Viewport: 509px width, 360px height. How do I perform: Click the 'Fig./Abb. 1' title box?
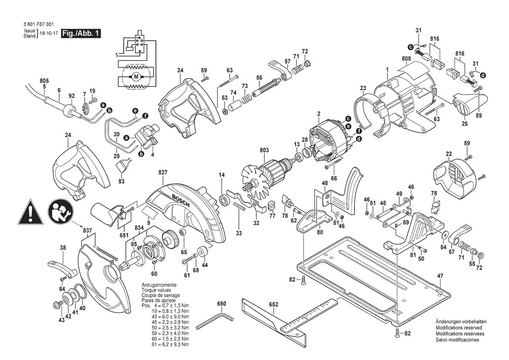(x=81, y=33)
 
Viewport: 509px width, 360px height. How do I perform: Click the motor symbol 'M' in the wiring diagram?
(x=136, y=77)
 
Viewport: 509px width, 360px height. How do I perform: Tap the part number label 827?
(x=163, y=173)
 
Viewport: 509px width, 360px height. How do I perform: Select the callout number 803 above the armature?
(x=264, y=150)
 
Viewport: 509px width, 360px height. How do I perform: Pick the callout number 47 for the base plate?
(x=440, y=276)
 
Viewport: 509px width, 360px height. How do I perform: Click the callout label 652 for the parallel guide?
(x=273, y=305)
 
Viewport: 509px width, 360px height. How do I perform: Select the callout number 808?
(x=406, y=59)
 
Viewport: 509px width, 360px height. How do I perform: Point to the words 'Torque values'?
(x=156, y=290)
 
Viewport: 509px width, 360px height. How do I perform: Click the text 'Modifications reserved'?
(x=458, y=328)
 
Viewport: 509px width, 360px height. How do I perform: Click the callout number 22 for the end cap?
(x=448, y=154)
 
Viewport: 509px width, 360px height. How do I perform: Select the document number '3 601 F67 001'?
(x=39, y=24)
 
